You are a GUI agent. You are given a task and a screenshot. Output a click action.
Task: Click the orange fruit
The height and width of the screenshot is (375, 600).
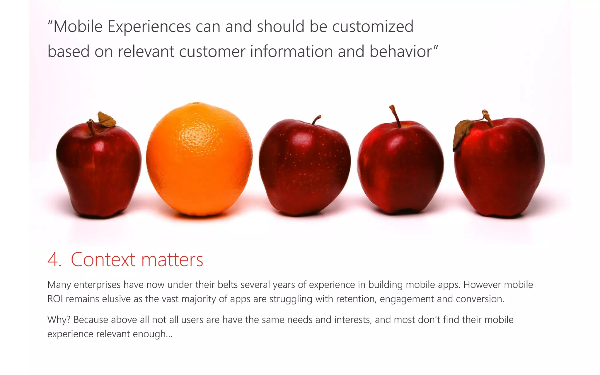click(x=199, y=160)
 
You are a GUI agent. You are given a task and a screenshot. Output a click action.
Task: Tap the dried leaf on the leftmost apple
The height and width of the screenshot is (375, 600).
click(x=106, y=119)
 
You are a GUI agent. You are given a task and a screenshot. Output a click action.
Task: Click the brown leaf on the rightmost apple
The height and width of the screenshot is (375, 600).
click(x=462, y=133)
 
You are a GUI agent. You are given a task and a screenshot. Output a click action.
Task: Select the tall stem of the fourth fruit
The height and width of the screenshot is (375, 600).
click(x=395, y=116)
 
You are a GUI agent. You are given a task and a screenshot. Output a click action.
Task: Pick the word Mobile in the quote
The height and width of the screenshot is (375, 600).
click(x=78, y=26)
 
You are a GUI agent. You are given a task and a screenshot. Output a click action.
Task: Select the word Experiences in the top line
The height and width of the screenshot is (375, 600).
click(x=149, y=26)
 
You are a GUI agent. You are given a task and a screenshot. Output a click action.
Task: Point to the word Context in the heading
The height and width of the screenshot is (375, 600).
click(x=103, y=260)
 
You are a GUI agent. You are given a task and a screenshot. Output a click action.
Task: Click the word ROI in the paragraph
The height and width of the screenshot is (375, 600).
click(x=55, y=299)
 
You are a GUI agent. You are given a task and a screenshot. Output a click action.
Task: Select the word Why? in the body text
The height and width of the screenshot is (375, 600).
click(x=59, y=319)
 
